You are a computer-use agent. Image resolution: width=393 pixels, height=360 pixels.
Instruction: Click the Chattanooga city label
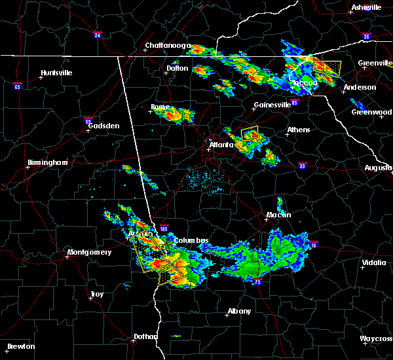[168, 46]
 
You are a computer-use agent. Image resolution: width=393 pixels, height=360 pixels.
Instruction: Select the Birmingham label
[48, 162]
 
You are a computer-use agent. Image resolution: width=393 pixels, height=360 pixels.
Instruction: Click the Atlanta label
[221, 145]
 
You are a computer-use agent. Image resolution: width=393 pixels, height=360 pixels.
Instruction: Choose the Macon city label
[278, 215]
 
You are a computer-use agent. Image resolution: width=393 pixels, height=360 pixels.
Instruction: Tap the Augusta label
[378, 168]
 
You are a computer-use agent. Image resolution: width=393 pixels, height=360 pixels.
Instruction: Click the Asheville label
[365, 7]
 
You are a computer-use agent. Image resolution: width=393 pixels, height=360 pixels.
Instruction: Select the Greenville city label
[374, 63]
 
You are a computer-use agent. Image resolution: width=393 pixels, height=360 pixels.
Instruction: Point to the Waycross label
[376, 338]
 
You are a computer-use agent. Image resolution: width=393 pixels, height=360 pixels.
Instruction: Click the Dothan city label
[145, 336]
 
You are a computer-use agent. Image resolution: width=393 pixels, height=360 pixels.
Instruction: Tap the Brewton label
[22, 346]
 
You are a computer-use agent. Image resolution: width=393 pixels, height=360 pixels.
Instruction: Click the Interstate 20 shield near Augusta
[303, 166]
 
